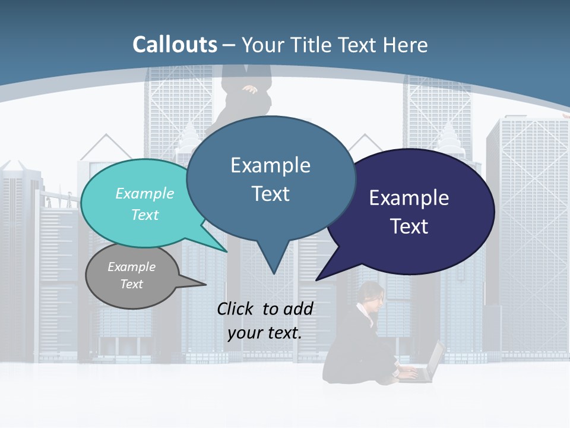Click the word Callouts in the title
[x=175, y=45]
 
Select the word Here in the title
[x=406, y=45]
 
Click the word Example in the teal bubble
[x=144, y=193]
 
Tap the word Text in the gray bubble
[x=131, y=284]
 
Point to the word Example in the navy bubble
[x=409, y=197]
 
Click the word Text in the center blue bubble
[x=270, y=194]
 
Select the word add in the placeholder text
[x=298, y=309]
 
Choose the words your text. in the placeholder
[x=265, y=333]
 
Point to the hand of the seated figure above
[x=250, y=90]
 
